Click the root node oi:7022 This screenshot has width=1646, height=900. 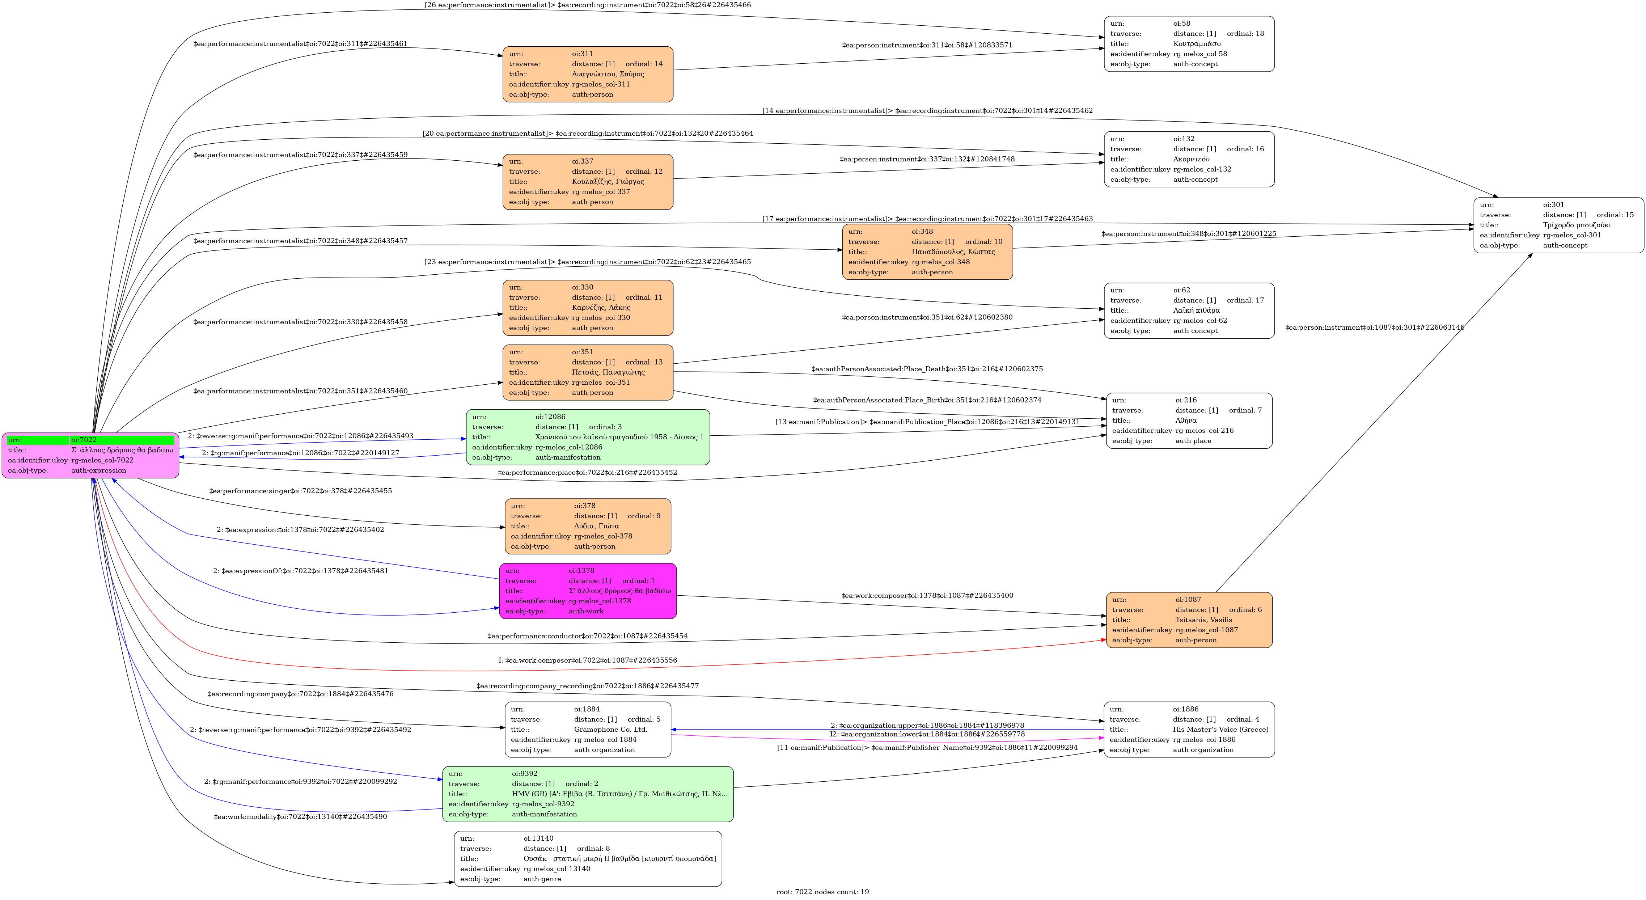(90, 455)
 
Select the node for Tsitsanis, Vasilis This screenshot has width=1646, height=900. (1189, 620)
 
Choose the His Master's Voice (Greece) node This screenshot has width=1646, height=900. (1189, 729)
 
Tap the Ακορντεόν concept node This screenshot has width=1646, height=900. (1189, 159)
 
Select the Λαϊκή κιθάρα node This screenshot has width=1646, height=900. (1189, 310)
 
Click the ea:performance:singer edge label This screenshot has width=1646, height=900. (300, 491)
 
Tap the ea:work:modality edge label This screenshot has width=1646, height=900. (300, 816)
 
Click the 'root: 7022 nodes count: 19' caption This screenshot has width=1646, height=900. (822, 892)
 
